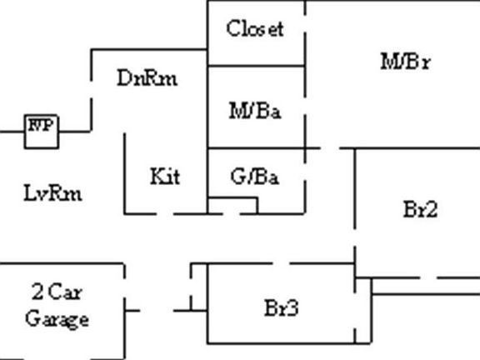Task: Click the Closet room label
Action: point(255,28)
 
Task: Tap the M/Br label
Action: point(406,62)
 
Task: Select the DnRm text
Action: point(147,77)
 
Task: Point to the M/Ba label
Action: point(255,111)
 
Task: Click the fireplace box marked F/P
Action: point(42,132)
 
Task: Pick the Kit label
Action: point(165,176)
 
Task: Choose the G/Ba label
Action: point(255,177)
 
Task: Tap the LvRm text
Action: point(53,192)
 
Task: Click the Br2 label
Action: point(421,209)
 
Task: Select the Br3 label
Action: point(282,307)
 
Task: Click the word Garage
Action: point(57,319)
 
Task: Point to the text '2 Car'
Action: point(57,292)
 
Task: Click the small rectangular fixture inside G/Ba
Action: point(232,206)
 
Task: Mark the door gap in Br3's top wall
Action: point(281,263)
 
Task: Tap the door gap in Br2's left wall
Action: point(355,237)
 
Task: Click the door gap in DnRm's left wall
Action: point(91,90)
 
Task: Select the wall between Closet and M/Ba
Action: point(256,66)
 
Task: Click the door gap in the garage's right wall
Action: point(125,288)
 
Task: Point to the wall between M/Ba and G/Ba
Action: point(256,148)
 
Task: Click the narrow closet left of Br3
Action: point(199,287)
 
